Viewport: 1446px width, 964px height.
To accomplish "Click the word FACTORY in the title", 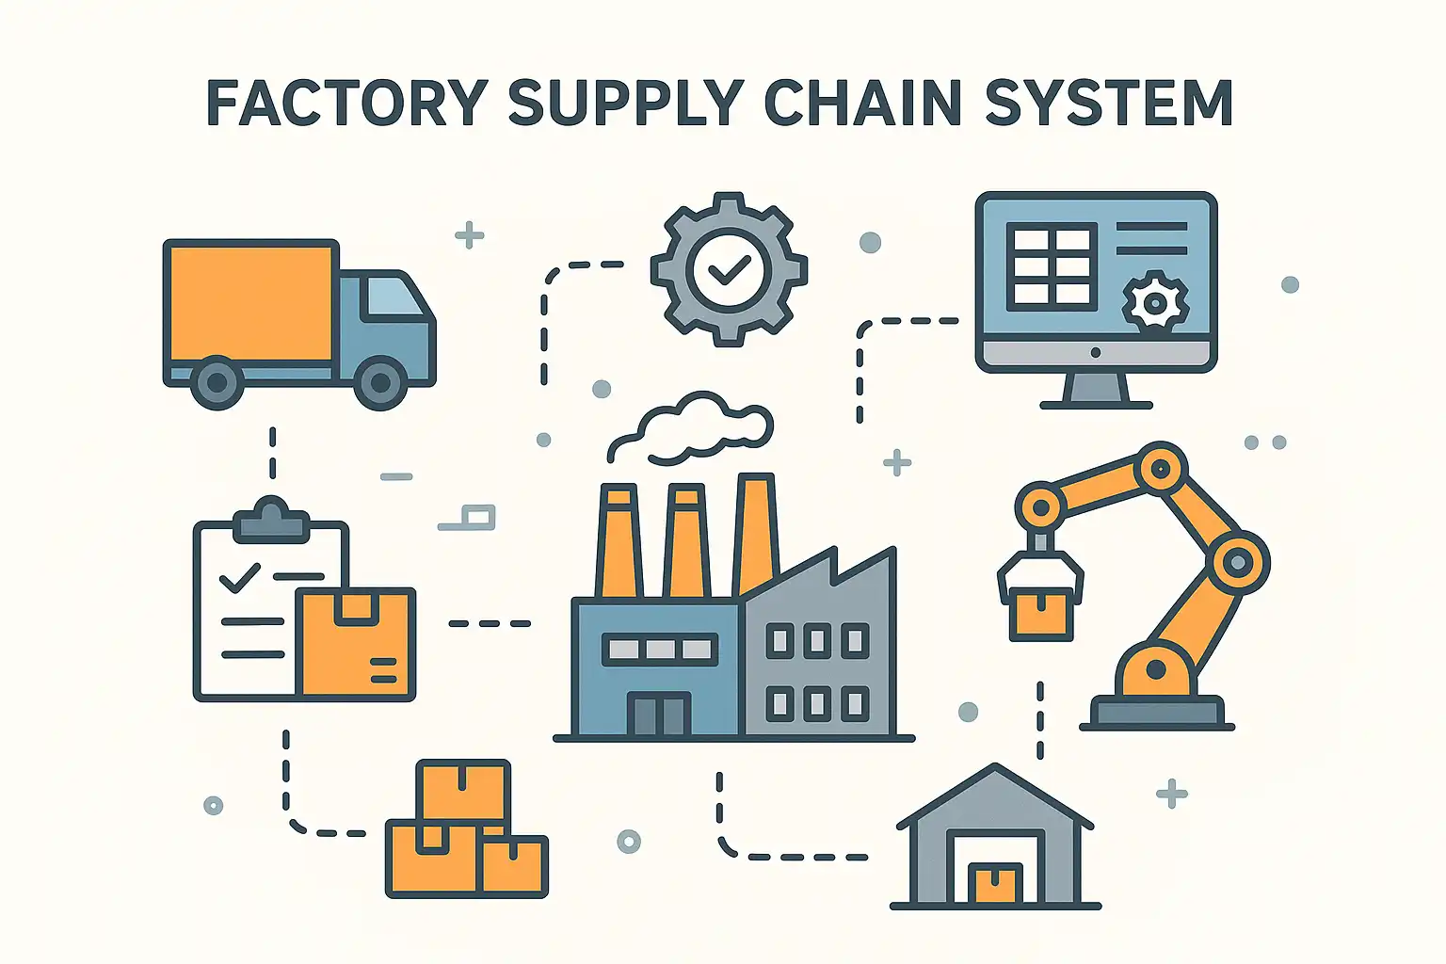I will click(346, 103).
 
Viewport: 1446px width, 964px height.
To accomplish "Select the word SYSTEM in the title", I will click(1108, 103).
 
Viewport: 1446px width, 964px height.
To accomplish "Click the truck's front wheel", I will click(380, 382).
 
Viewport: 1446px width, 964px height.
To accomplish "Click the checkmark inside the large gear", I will click(729, 271).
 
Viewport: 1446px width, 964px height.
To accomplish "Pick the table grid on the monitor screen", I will click(1052, 266).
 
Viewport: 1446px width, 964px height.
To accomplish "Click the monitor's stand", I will click(1096, 391).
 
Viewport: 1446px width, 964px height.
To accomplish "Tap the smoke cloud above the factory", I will click(697, 428).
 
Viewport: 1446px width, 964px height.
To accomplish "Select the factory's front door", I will click(660, 715).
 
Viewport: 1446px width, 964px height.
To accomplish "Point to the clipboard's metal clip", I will click(271, 520).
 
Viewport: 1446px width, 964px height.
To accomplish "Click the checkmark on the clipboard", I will click(239, 576).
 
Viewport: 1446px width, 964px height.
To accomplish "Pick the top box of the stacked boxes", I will click(463, 791).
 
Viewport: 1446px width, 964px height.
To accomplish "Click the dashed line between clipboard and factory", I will click(490, 623).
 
